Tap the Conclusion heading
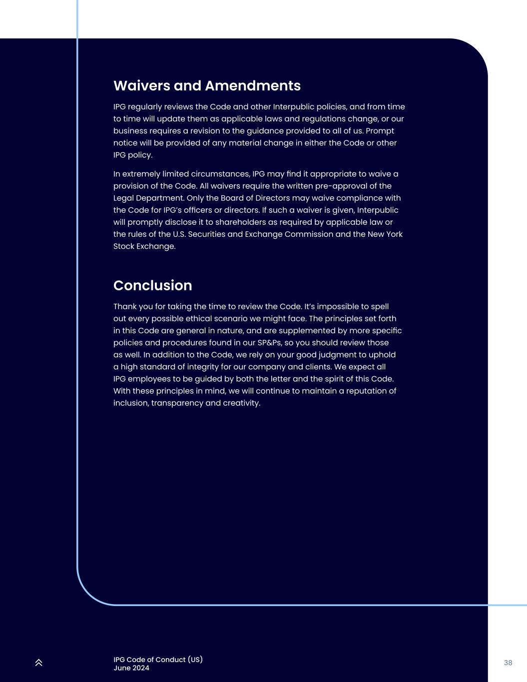[152, 285]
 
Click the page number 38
[508, 663]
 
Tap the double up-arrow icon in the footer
[39, 663]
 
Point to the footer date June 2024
[131, 668]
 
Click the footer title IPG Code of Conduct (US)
[158, 660]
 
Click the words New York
[385, 234]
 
